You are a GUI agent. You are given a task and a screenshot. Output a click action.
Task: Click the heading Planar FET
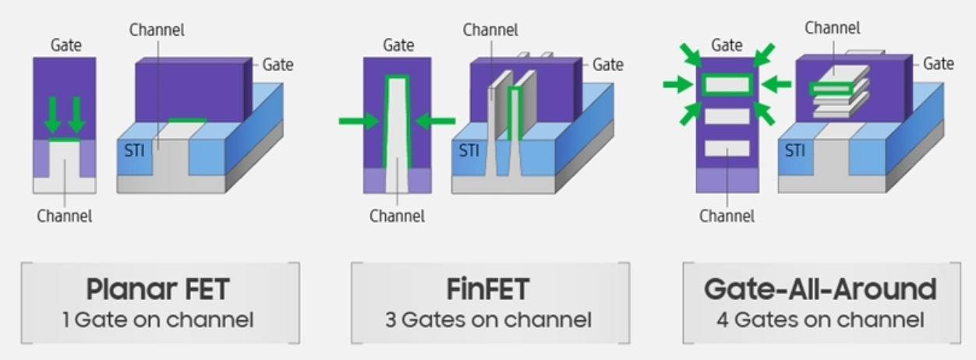(158, 290)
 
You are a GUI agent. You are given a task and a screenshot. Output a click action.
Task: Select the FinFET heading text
(488, 290)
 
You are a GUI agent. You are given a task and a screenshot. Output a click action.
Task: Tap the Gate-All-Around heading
(820, 290)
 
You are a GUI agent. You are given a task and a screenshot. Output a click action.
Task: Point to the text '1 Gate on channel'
(158, 319)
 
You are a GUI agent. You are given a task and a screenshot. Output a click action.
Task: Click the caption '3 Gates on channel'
(488, 319)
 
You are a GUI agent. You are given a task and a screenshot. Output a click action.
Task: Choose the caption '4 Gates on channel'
(820, 319)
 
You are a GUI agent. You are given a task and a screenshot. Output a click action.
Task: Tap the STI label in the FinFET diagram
(469, 150)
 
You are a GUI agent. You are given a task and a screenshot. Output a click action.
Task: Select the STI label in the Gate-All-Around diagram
(795, 150)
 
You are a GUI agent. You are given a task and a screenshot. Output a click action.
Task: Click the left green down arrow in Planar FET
(52, 115)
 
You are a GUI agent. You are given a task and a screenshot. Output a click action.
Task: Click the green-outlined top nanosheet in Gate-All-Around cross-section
(726, 84)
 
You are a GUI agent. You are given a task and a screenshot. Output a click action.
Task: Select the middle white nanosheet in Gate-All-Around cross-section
(726, 117)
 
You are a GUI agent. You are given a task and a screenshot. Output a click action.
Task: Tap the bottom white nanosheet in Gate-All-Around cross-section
(726, 148)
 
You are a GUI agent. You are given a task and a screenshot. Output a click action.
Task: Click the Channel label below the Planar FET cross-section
(64, 216)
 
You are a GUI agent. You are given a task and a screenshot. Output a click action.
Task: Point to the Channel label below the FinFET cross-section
(397, 216)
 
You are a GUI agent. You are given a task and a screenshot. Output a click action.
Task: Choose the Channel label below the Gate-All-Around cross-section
(727, 216)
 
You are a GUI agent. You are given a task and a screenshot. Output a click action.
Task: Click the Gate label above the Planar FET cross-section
(65, 45)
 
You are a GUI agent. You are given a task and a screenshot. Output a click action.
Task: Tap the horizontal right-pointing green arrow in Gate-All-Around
(677, 84)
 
